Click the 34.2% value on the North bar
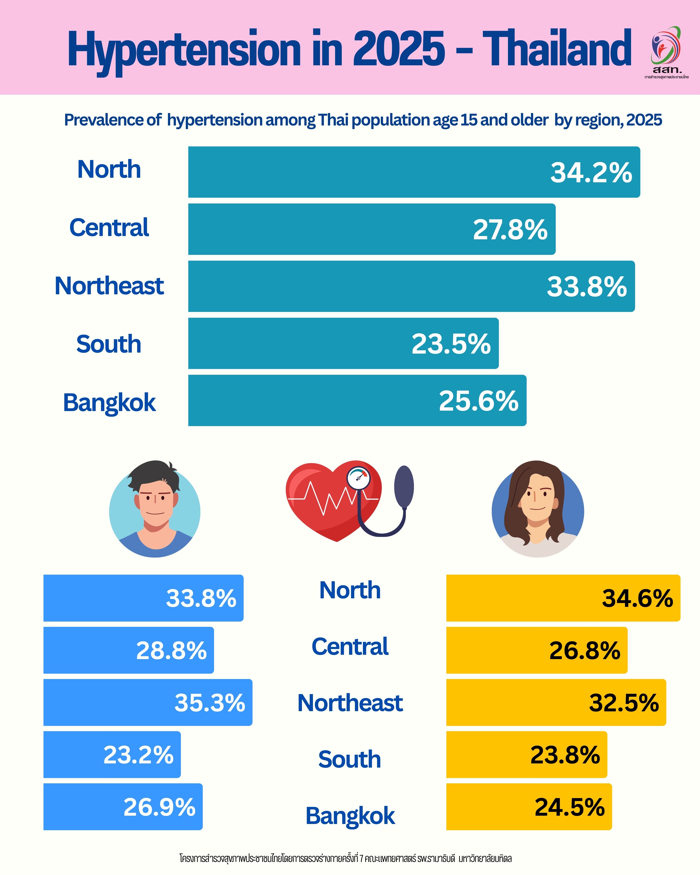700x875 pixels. pyautogui.click(x=591, y=173)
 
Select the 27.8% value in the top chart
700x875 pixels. pyautogui.click(x=510, y=230)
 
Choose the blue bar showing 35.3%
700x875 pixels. pyautogui.click(x=148, y=702)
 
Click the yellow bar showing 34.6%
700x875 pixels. pyautogui.click(x=563, y=598)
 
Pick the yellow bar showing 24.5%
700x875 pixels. pyautogui.click(x=529, y=807)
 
